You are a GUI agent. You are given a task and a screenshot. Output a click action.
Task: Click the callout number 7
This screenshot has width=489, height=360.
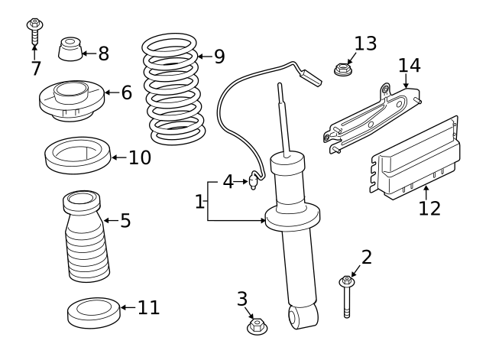(x=35, y=69)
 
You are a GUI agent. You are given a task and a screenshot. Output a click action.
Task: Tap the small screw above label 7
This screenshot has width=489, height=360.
(x=34, y=31)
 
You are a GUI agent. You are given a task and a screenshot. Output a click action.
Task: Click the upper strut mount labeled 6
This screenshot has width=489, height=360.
(x=70, y=100)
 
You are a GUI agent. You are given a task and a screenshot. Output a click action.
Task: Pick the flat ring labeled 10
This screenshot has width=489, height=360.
(x=76, y=155)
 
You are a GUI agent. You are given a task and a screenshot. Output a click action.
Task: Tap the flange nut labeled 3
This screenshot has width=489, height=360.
(x=257, y=327)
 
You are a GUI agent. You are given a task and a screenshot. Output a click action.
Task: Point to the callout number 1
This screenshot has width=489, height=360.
(x=199, y=203)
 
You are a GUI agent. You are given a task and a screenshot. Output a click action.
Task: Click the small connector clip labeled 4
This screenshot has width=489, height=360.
(x=253, y=181)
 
